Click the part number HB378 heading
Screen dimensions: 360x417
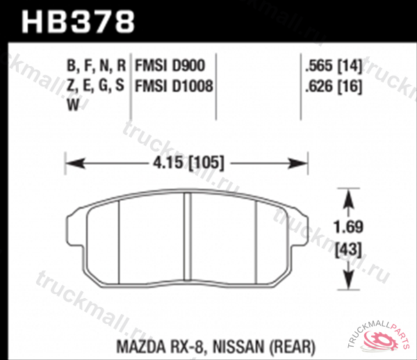(x=78, y=20)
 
